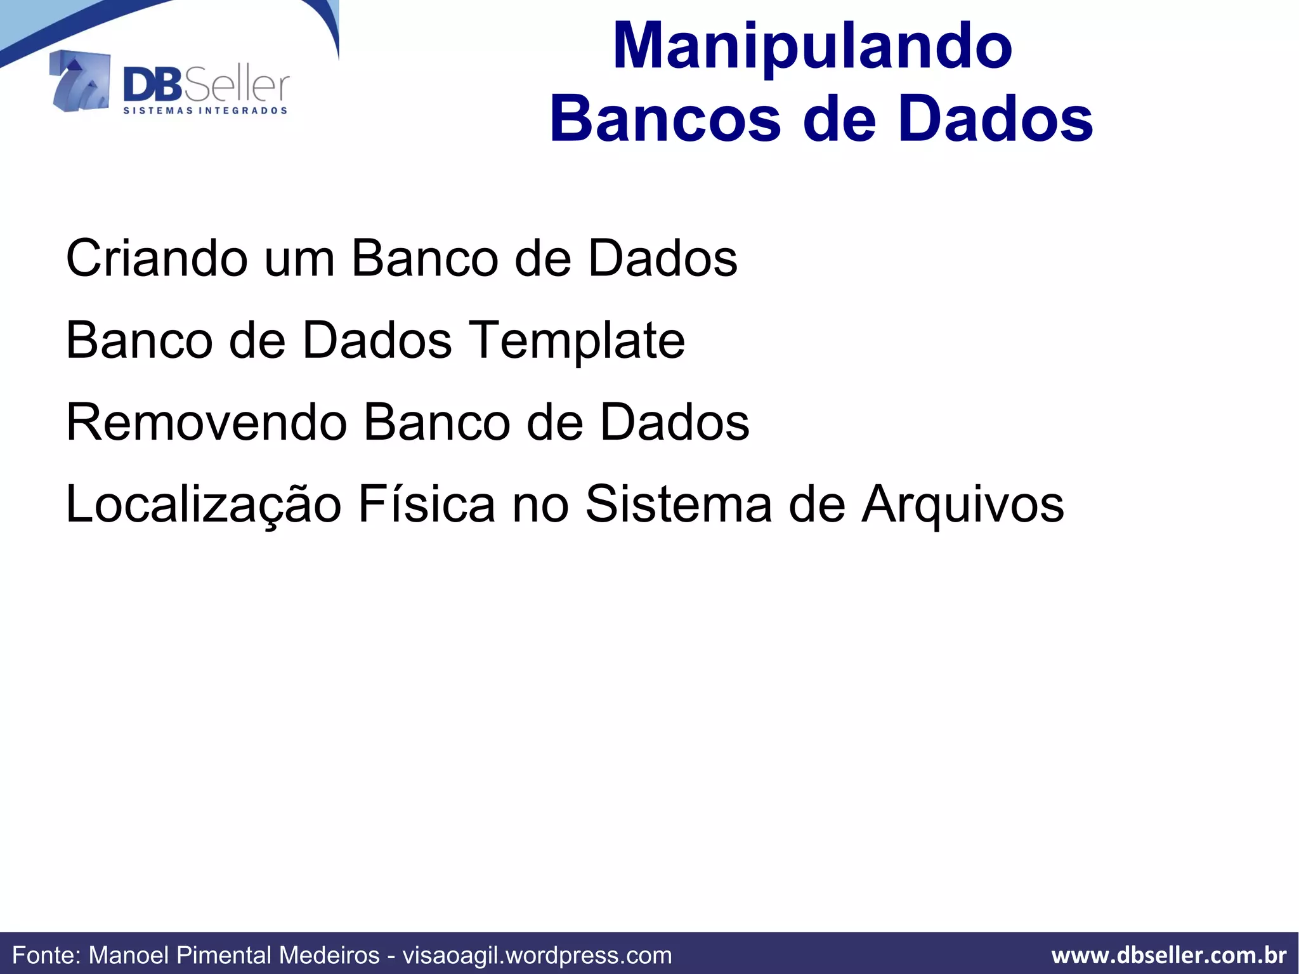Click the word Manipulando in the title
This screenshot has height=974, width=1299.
(x=813, y=46)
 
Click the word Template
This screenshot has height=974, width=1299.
(x=577, y=341)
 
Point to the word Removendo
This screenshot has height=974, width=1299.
(x=207, y=423)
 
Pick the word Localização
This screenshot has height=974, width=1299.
(x=204, y=504)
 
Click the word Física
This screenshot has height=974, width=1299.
(x=426, y=504)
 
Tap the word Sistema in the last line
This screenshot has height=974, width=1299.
(x=678, y=504)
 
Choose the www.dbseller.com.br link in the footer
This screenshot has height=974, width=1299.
(x=1168, y=955)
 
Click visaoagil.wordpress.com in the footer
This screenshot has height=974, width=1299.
(x=537, y=955)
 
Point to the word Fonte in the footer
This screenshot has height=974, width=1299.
(x=46, y=955)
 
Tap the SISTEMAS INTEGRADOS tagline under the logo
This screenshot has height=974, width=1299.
(x=205, y=110)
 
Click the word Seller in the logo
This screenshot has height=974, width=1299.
(x=236, y=86)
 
